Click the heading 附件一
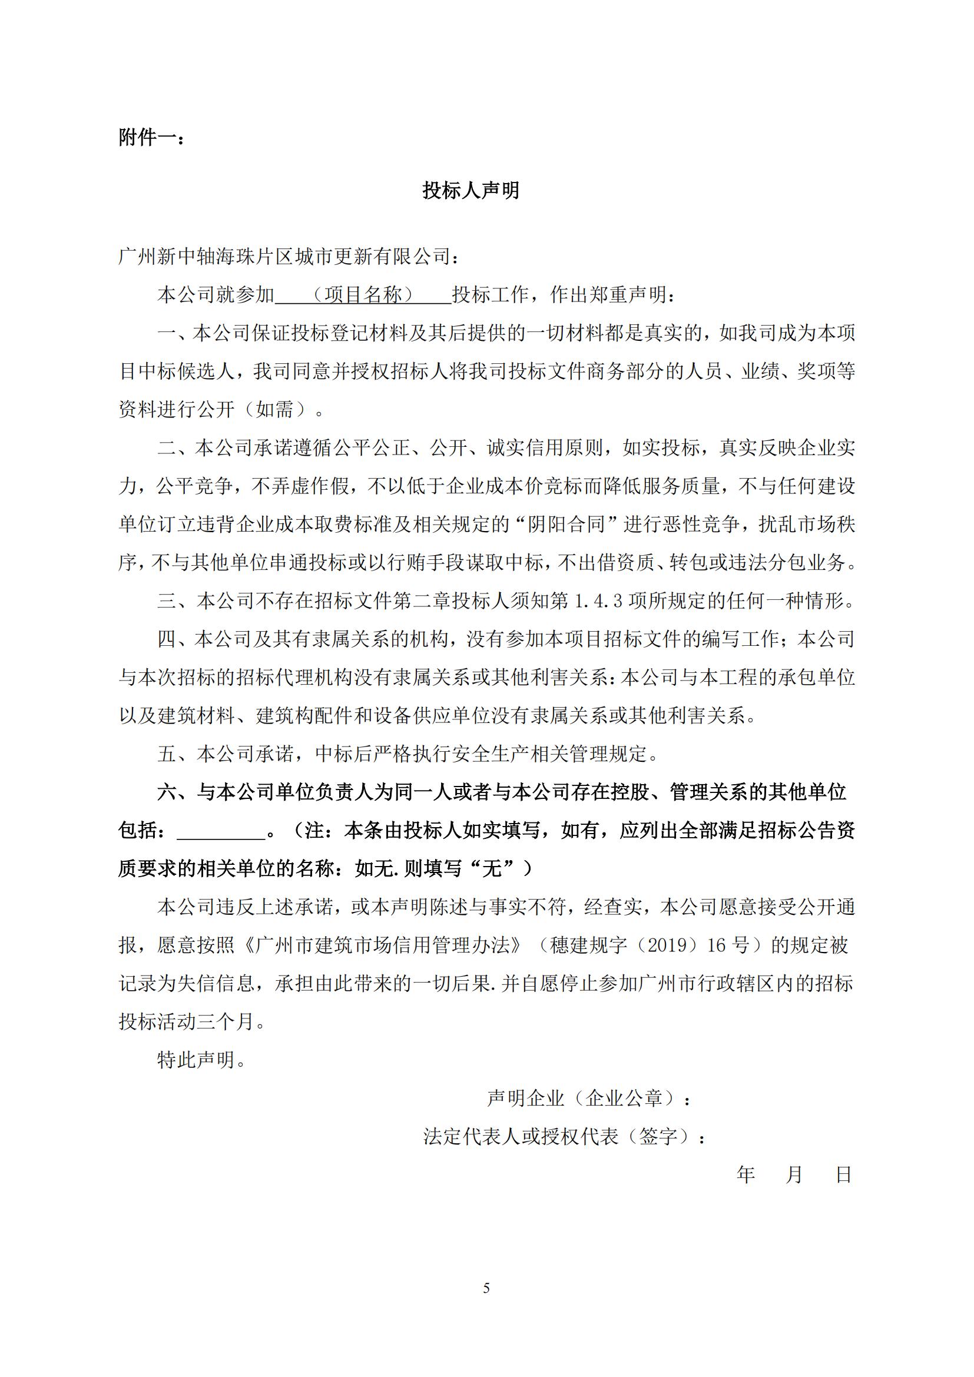(x=151, y=138)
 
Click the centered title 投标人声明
(x=471, y=191)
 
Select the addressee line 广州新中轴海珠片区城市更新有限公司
(x=290, y=257)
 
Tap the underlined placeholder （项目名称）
(x=362, y=294)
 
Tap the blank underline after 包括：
(x=221, y=831)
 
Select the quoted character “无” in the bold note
(x=492, y=869)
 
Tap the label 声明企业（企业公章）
(x=588, y=1099)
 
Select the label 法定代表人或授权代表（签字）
(x=564, y=1136)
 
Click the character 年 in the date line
(x=746, y=1175)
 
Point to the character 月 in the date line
(x=794, y=1175)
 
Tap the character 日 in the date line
(x=844, y=1175)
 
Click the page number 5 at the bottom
(x=486, y=1288)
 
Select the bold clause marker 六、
(x=176, y=793)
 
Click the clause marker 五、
(x=176, y=755)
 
